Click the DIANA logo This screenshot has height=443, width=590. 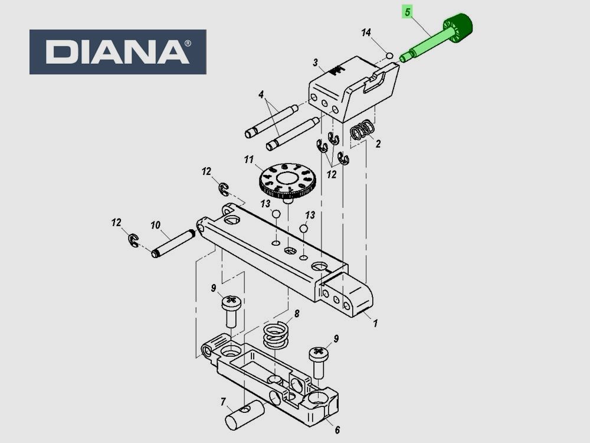tap(117, 52)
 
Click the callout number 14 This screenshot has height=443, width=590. tap(366, 32)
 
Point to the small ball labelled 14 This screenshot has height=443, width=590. tap(389, 56)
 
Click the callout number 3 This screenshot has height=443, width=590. tap(315, 63)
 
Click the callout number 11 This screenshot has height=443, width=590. tap(248, 160)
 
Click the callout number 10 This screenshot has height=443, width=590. tap(155, 225)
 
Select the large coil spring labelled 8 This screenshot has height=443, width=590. tap(276, 335)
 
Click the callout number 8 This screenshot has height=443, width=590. tap(297, 314)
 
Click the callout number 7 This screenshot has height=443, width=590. tap(223, 402)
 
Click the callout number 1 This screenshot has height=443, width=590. tap(375, 323)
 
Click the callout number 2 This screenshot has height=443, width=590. tap(378, 144)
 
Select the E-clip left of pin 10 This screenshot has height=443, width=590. tap(134, 240)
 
